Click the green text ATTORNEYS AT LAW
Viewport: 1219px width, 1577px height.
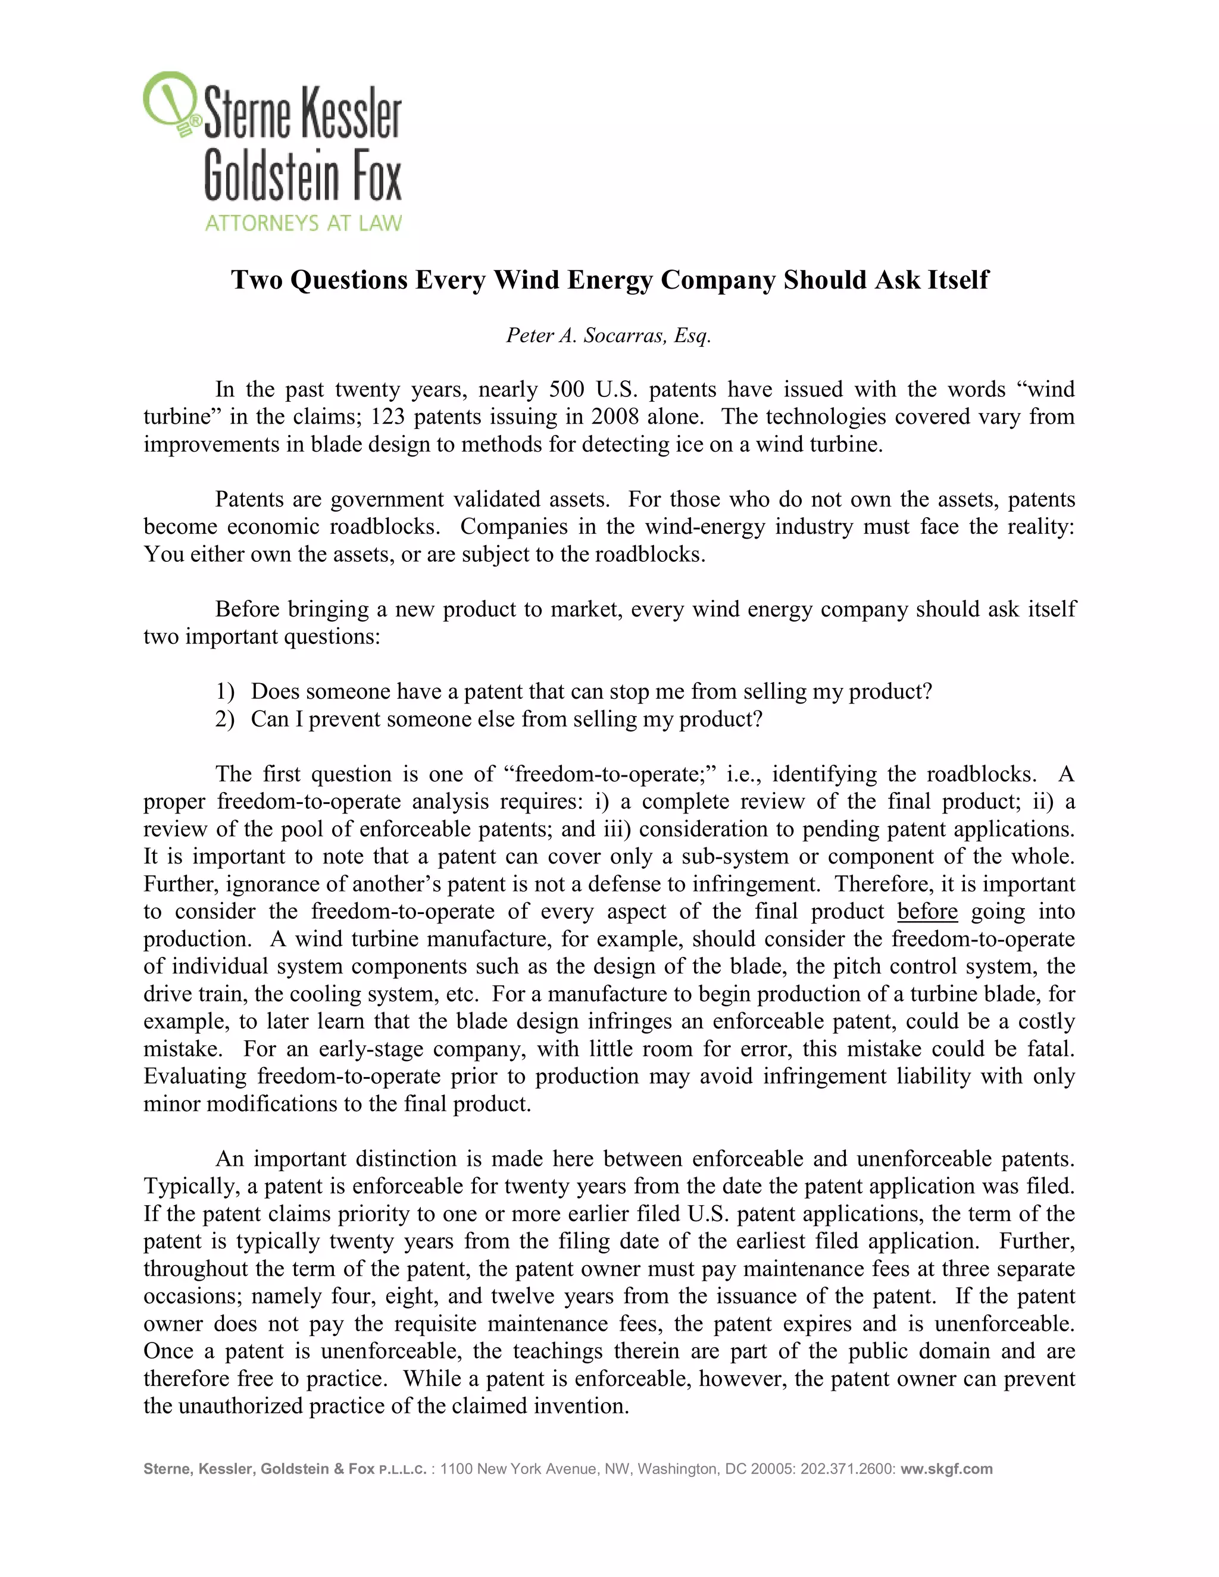[304, 223]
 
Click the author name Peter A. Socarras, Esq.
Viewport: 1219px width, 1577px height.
[609, 335]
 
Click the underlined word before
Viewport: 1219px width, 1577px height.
[927, 911]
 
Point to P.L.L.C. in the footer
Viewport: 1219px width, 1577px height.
[402, 1469]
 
